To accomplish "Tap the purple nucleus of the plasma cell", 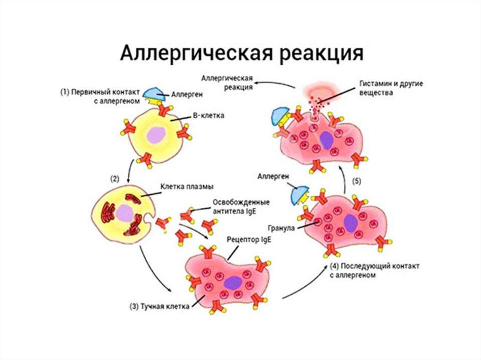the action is coord(126,213).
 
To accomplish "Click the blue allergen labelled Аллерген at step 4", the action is coord(299,193).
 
